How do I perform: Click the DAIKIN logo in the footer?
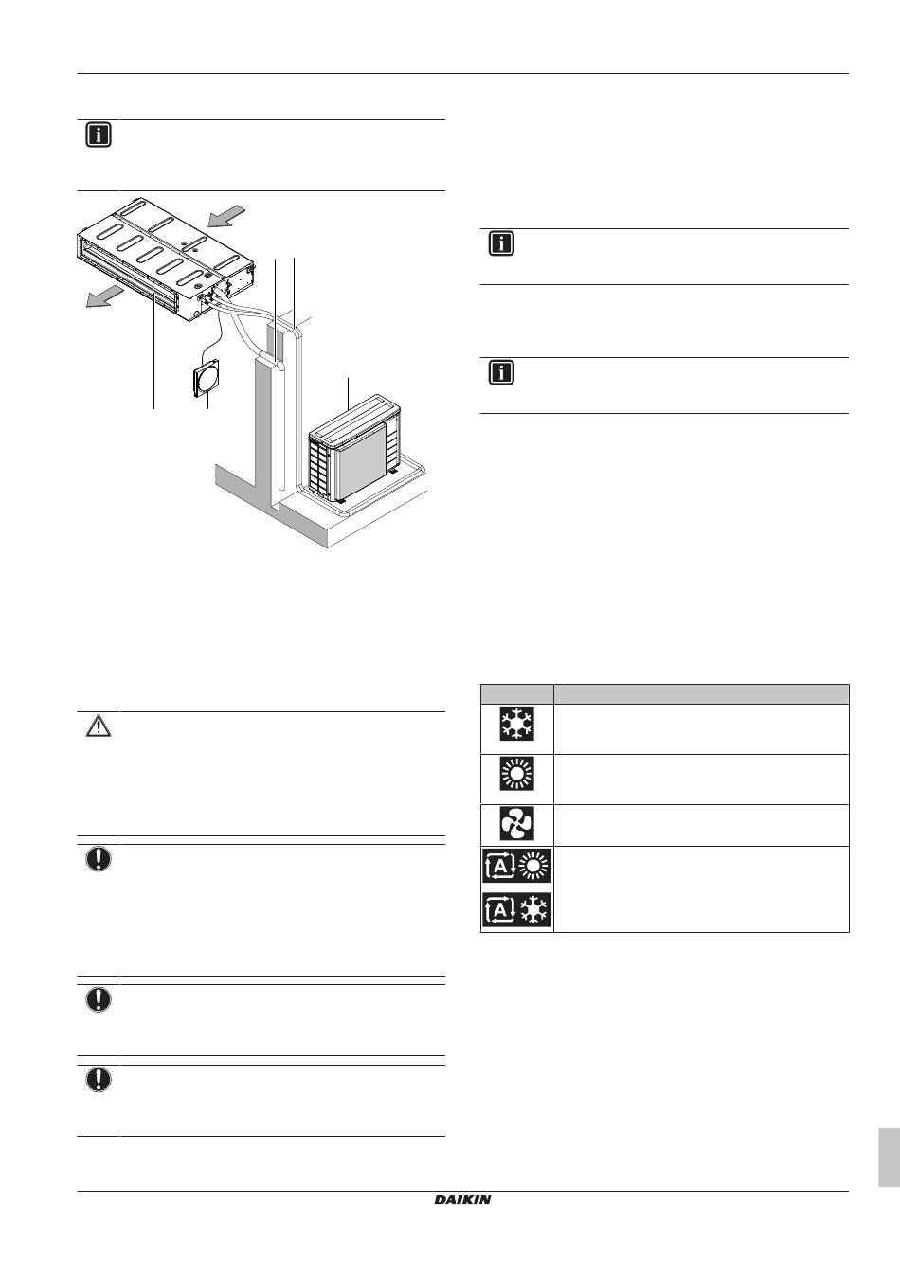(x=463, y=1199)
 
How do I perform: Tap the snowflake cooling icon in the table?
(x=517, y=724)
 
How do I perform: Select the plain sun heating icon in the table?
(x=517, y=774)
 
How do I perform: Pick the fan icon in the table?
(x=517, y=823)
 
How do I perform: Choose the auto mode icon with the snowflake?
(x=517, y=910)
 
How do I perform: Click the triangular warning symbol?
(x=99, y=726)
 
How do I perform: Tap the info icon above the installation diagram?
(x=99, y=135)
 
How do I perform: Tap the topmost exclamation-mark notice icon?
(x=99, y=859)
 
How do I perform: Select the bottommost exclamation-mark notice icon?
(x=99, y=1080)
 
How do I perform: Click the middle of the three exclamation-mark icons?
(x=99, y=999)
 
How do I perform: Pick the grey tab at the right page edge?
(x=889, y=1156)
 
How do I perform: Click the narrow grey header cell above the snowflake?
(x=517, y=693)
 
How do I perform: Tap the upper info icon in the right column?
(x=501, y=243)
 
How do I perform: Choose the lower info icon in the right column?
(x=501, y=372)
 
